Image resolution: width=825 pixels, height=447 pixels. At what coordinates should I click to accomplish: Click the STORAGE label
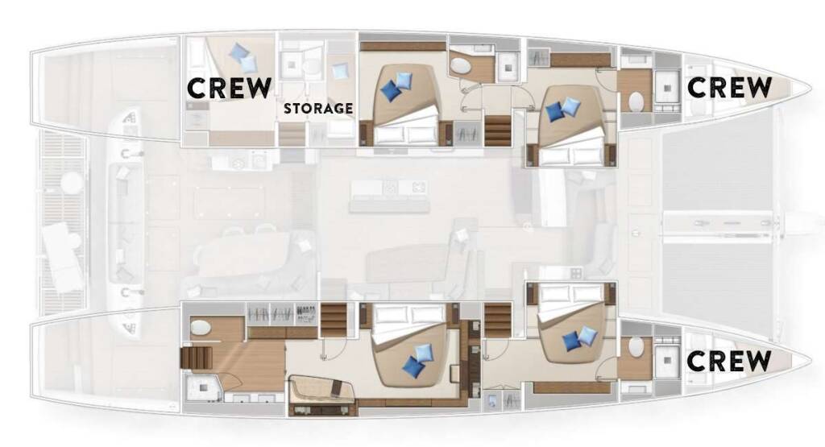(x=318, y=109)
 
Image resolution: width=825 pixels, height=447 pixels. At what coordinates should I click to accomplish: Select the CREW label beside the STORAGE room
(x=230, y=88)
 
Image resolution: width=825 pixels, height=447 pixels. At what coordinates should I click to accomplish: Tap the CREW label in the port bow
(x=729, y=87)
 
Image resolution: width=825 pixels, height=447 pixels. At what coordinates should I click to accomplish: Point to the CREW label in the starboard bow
(x=729, y=361)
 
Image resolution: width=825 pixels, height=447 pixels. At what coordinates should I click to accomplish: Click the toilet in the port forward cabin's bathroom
(x=635, y=101)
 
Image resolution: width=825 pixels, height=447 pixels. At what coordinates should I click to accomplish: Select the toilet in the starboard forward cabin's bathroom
(x=636, y=347)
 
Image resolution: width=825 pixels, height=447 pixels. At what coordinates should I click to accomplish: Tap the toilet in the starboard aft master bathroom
(x=201, y=328)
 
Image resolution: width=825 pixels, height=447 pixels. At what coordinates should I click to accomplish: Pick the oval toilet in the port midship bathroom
(x=461, y=66)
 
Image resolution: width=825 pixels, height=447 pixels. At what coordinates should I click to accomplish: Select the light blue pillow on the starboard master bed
(x=423, y=351)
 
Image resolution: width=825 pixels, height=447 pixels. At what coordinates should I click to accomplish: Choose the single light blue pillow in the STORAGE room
(x=341, y=70)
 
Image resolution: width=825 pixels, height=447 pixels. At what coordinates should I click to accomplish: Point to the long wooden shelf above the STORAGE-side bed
(x=403, y=46)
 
